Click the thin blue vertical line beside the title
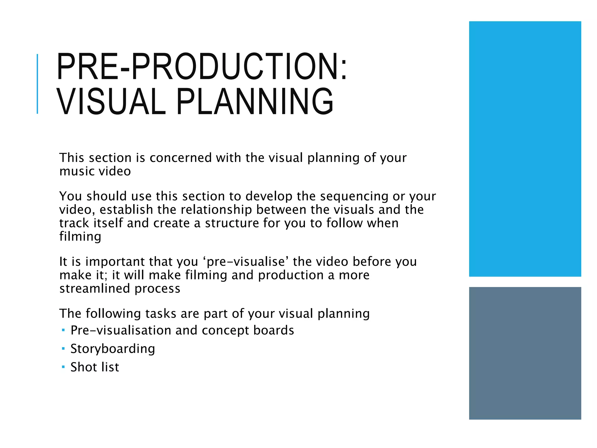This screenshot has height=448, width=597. [x=37, y=84]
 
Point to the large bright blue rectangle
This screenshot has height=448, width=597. [x=525, y=149]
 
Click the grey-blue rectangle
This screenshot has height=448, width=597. [x=525, y=353]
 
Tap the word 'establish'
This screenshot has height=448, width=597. [x=126, y=210]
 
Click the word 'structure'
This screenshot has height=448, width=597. [x=232, y=223]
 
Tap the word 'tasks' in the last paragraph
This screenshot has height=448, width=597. [x=161, y=314]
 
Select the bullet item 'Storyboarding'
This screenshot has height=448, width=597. [x=113, y=349]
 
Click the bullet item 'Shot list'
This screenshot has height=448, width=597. [x=95, y=367]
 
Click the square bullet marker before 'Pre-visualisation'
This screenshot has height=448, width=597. [x=63, y=330]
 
